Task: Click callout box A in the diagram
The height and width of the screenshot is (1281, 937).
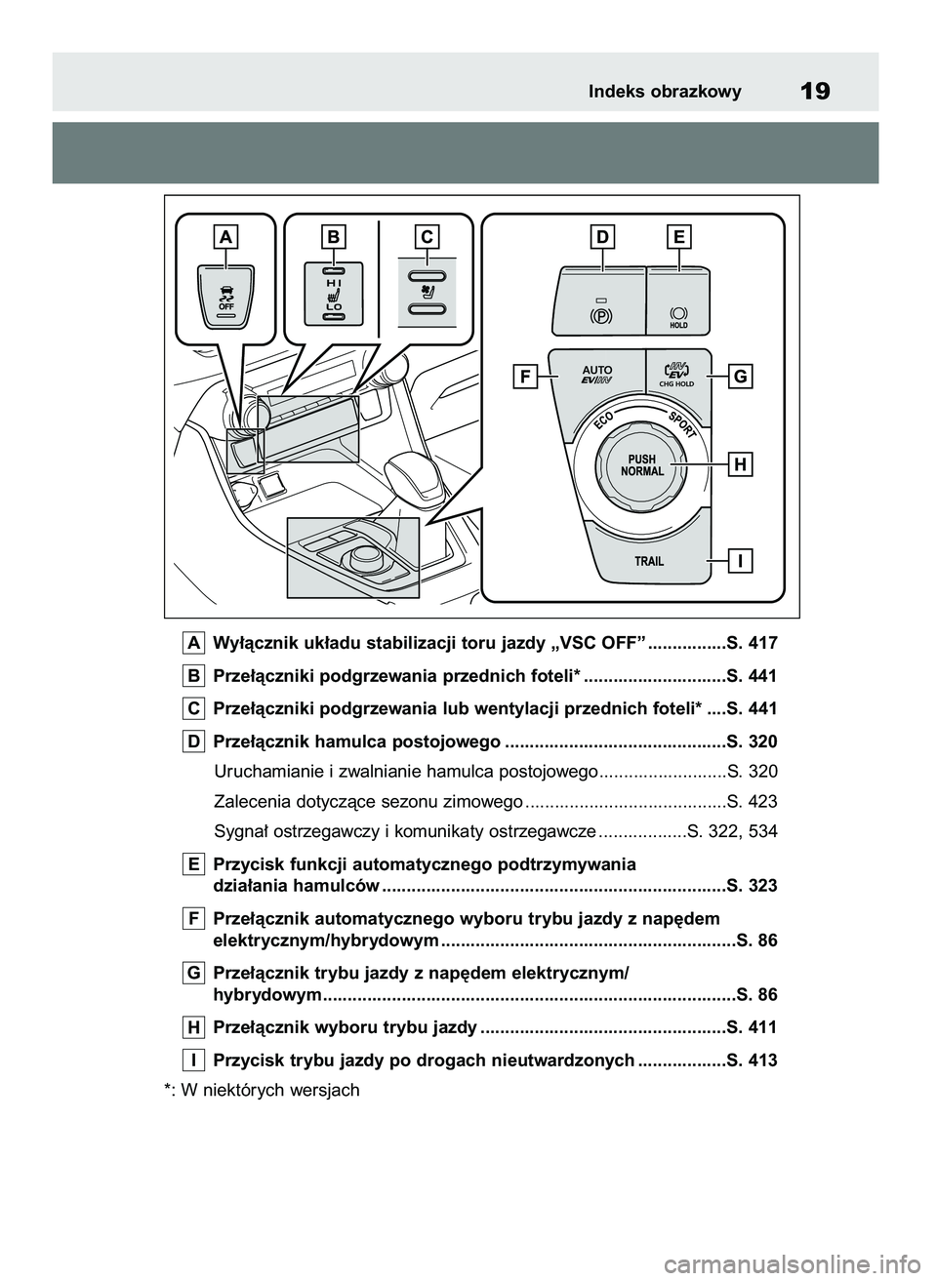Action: (x=225, y=236)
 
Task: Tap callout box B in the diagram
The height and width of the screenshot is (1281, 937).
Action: (x=334, y=236)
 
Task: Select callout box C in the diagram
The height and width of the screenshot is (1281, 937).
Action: (x=427, y=236)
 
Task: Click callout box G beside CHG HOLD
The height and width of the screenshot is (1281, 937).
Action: (x=742, y=376)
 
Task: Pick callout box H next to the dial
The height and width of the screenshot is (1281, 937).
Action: (x=742, y=465)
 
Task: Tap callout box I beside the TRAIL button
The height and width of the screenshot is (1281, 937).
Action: (x=742, y=561)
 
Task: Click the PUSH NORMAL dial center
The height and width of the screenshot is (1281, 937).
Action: (x=642, y=465)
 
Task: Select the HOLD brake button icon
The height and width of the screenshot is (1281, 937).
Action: (x=678, y=314)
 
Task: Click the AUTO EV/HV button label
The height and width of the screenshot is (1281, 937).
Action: (x=596, y=376)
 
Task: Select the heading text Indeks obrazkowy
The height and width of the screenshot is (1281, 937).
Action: (x=665, y=92)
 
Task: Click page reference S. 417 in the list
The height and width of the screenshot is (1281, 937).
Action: (x=752, y=643)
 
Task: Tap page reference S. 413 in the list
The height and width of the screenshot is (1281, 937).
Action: (x=752, y=1060)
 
